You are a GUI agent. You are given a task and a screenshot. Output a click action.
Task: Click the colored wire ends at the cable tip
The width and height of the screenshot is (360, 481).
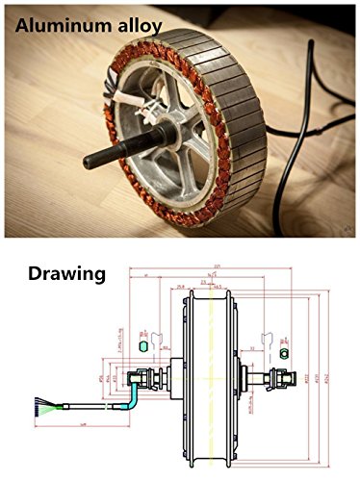tap(40, 408)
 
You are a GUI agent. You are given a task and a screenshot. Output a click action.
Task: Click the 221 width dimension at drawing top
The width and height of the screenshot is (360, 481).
tap(218, 266)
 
